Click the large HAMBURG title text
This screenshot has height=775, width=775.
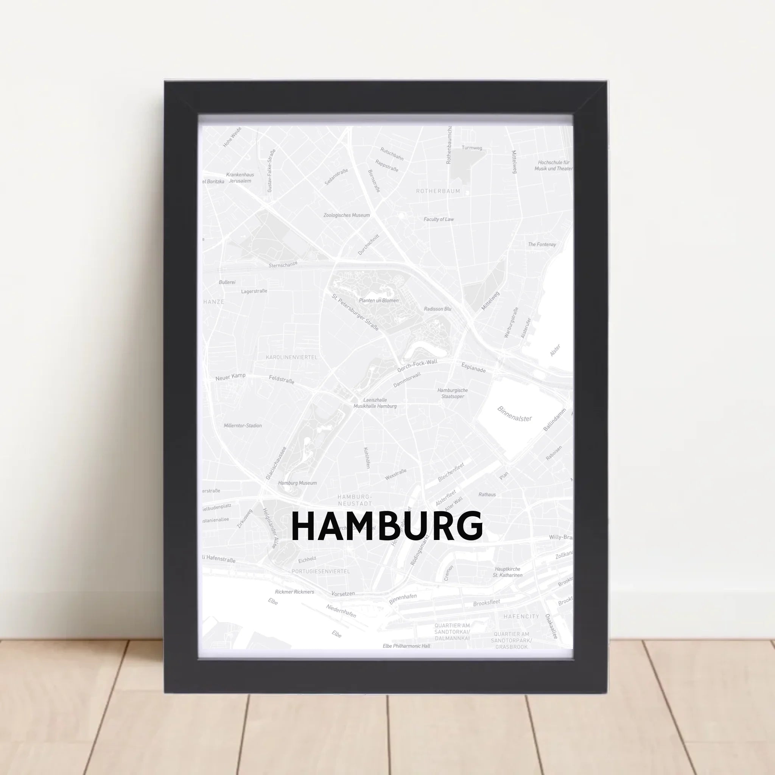coord(387,526)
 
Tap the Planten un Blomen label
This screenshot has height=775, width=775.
coord(379,300)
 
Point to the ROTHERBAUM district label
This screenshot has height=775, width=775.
coord(438,191)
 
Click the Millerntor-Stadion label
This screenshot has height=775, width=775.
coord(243,426)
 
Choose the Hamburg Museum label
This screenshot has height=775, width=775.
coord(297,483)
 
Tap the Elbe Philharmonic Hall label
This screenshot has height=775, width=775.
coord(406,646)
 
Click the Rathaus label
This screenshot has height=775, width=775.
coord(487,495)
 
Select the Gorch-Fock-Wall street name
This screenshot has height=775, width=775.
coord(417,366)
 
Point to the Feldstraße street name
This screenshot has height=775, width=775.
coord(282,379)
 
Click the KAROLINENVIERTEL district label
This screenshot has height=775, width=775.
coord(292,357)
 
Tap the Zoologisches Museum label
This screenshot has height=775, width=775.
coord(347,215)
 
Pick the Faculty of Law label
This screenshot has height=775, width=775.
coord(439,219)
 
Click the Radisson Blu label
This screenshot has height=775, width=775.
coord(438,309)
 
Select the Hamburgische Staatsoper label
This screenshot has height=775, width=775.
coord(453,393)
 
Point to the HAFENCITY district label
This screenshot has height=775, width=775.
coord(521,616)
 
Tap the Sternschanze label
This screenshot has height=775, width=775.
coord(283,265)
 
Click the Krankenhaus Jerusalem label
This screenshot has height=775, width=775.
coord(240,178)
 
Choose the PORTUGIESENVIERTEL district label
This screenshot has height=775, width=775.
coord(321,571)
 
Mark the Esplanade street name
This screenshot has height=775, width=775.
coord(473,367)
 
